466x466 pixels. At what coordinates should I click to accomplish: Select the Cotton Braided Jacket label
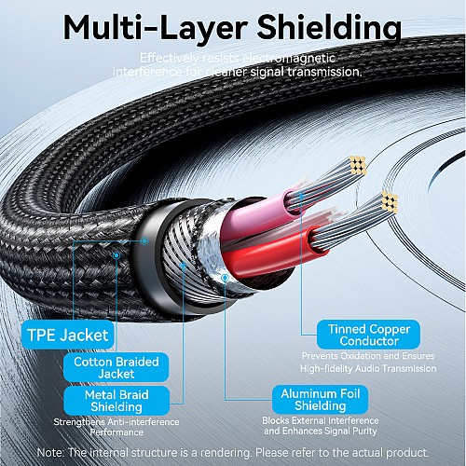pos(111,367)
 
